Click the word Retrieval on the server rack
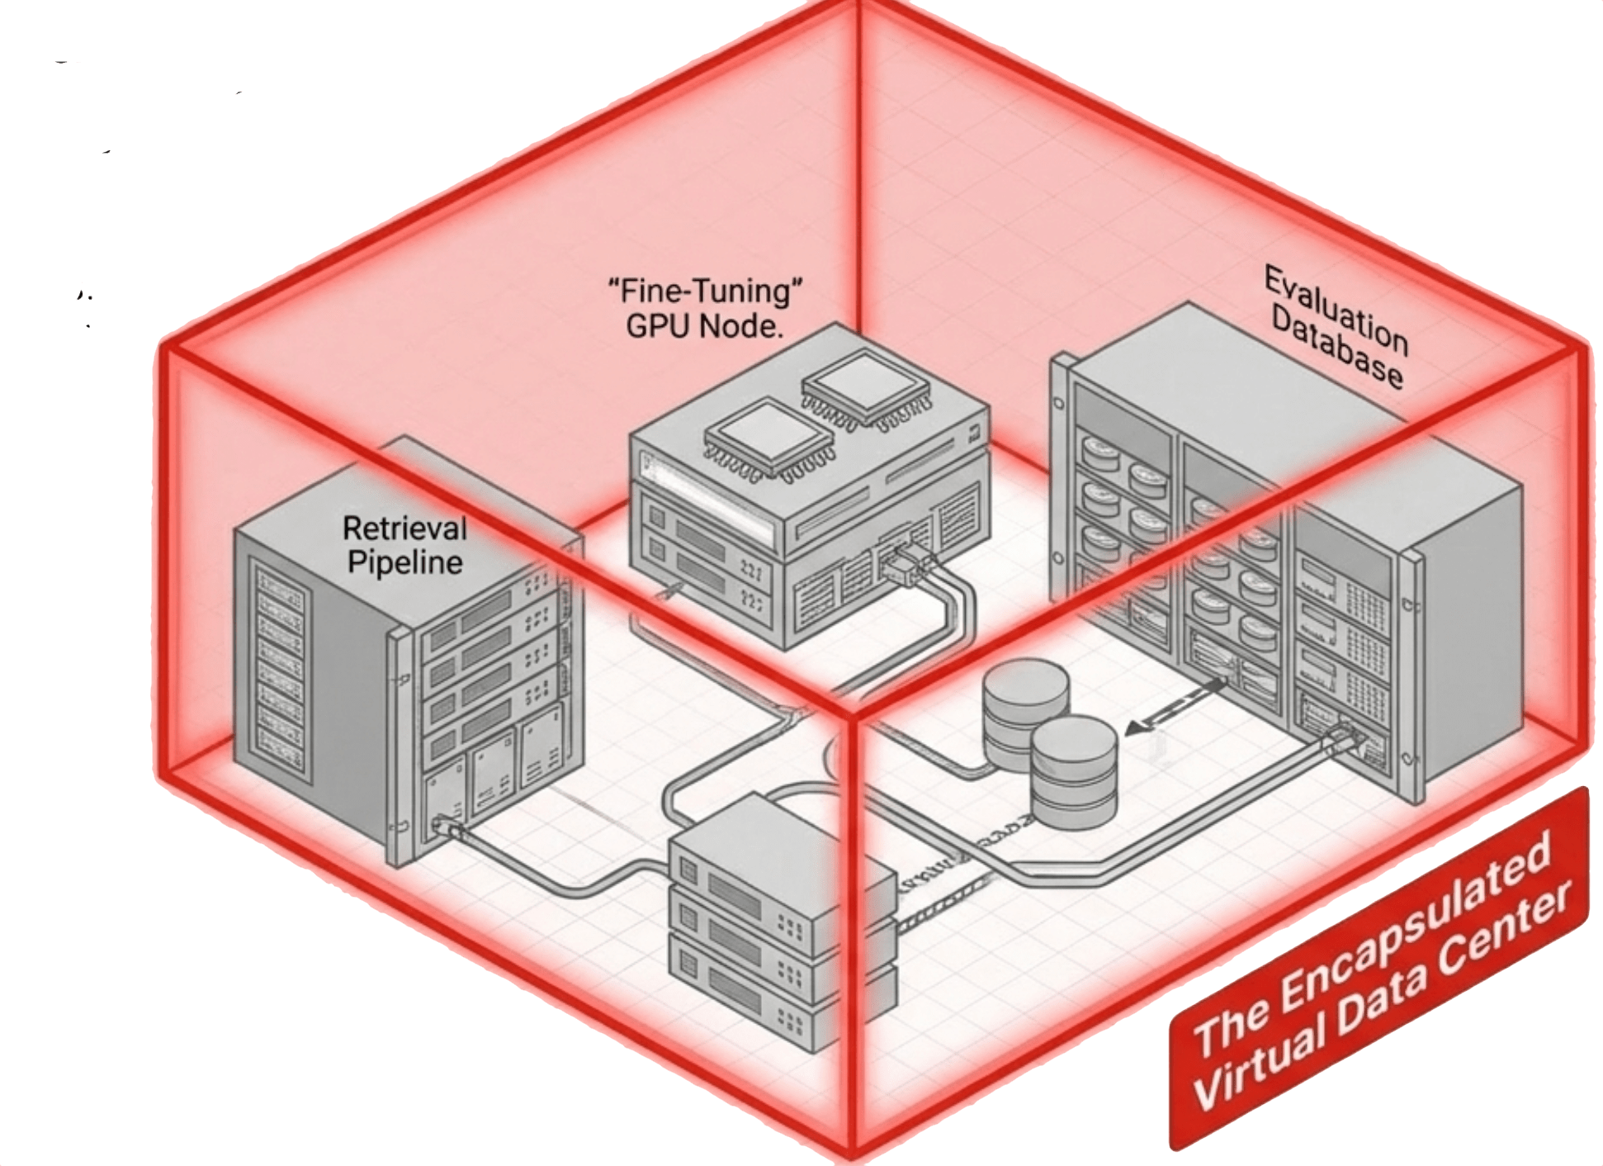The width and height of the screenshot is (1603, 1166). click(x=404, y=528)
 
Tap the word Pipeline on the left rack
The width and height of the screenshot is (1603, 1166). click(x=404, y=563)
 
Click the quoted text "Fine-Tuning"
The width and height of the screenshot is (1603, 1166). click(x=706, y=291)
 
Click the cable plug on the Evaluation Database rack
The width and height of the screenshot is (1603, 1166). click(x=1345, y=737)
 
